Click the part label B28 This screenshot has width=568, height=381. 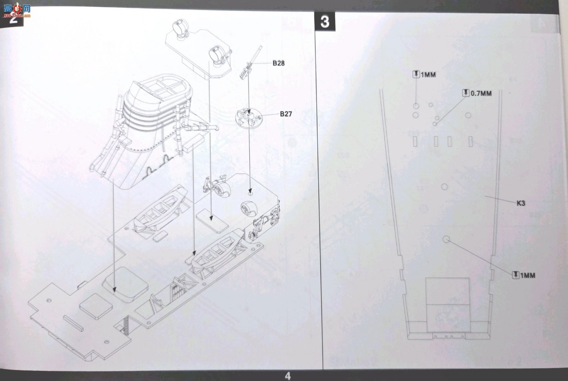pos(278,63)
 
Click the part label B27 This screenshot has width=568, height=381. pos(286,114)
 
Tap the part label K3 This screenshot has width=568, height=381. pos(521,203)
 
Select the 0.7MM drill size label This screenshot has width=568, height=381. pos(481,94)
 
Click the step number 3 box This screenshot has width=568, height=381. pos(325,22)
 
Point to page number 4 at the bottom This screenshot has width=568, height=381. pos(287,376)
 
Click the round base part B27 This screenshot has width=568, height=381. pos(249,117)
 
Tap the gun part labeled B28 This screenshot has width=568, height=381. pos(250,62)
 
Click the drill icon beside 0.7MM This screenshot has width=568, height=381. pos(466,93)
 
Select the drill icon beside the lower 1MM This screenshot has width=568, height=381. pos(516,275)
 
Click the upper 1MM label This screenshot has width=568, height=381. pos(428,75)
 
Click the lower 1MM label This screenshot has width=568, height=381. pos(528,275)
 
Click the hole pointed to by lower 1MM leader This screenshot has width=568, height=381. pos(446,239)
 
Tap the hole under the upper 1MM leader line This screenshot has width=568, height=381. pos(416,106)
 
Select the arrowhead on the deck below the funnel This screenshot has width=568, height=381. pos(115,289)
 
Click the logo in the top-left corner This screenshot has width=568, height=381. pos(17,10)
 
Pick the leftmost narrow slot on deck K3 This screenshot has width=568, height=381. pos(415,142)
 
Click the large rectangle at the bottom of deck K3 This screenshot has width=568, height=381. pos(448,305)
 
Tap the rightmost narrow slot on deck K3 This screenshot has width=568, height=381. pos(470,142)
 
